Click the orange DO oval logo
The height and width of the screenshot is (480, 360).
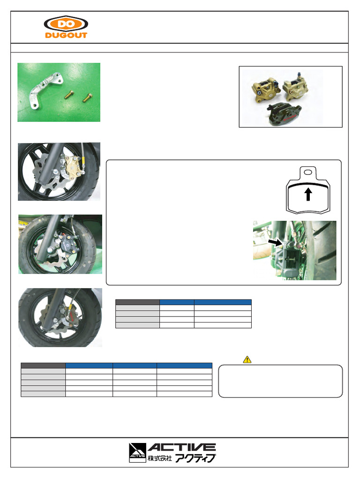[x=66, y=24]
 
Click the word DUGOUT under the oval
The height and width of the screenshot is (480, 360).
[x=66, y=35]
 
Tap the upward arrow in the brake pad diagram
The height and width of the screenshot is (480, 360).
[x=308, y=194]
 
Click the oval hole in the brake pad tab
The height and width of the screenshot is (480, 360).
[x=308, y=173]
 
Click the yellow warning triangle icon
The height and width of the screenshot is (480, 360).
[x=247, y=360]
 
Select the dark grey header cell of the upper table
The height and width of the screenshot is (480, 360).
[x=137, y=302]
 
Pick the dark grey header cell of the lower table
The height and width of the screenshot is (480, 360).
[x=43, y=366]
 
